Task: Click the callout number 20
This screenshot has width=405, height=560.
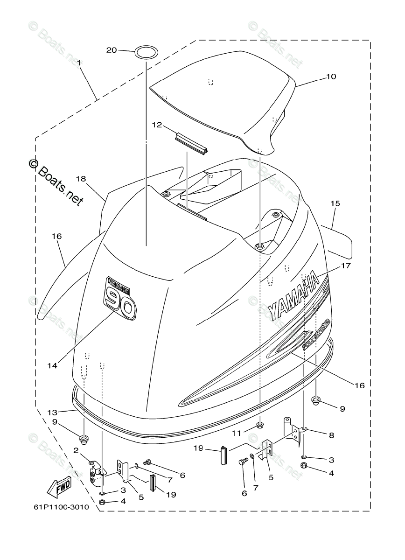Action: click(x=112, y=50)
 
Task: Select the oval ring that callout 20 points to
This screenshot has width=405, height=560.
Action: click(x=147, y=52)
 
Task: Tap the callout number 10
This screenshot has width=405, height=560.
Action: click(x=331, y=76)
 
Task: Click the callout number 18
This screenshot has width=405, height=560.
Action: click(x=81, y=179)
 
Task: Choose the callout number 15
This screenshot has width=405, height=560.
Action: click(x=335, y=203)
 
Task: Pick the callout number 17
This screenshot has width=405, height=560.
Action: click(x=346, y=266)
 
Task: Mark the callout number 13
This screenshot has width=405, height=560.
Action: click(x=53, y=412)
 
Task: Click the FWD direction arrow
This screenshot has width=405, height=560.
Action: click(x=59, y=488)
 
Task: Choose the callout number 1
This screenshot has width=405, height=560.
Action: click(x=79, y=62)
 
